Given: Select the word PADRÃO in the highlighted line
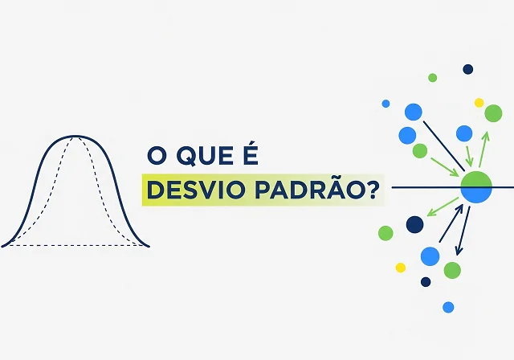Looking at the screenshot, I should (x=308, y=190).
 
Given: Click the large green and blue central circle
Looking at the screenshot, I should (x=475, y=187).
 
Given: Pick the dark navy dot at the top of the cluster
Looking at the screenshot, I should (x=467, y=69).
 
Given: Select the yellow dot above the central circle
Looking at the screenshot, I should (x=479, y=103).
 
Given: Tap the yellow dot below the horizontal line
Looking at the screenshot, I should (x=401, y=268).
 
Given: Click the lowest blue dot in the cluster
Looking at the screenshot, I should (x=448, y=307).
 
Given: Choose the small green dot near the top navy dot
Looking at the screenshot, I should (x=432, y=78).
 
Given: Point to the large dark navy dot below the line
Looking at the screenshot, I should (x=414, y=224).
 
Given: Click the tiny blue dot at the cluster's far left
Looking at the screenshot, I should (x=385, y=104).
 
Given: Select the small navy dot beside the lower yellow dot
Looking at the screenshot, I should (x=426, y=281).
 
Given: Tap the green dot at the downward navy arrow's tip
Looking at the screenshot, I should (x=452, y=270).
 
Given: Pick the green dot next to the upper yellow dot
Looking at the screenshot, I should (x=493, y=113).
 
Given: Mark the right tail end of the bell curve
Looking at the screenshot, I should (x=149, y=245).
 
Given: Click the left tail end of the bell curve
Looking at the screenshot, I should (x=3, y=245).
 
